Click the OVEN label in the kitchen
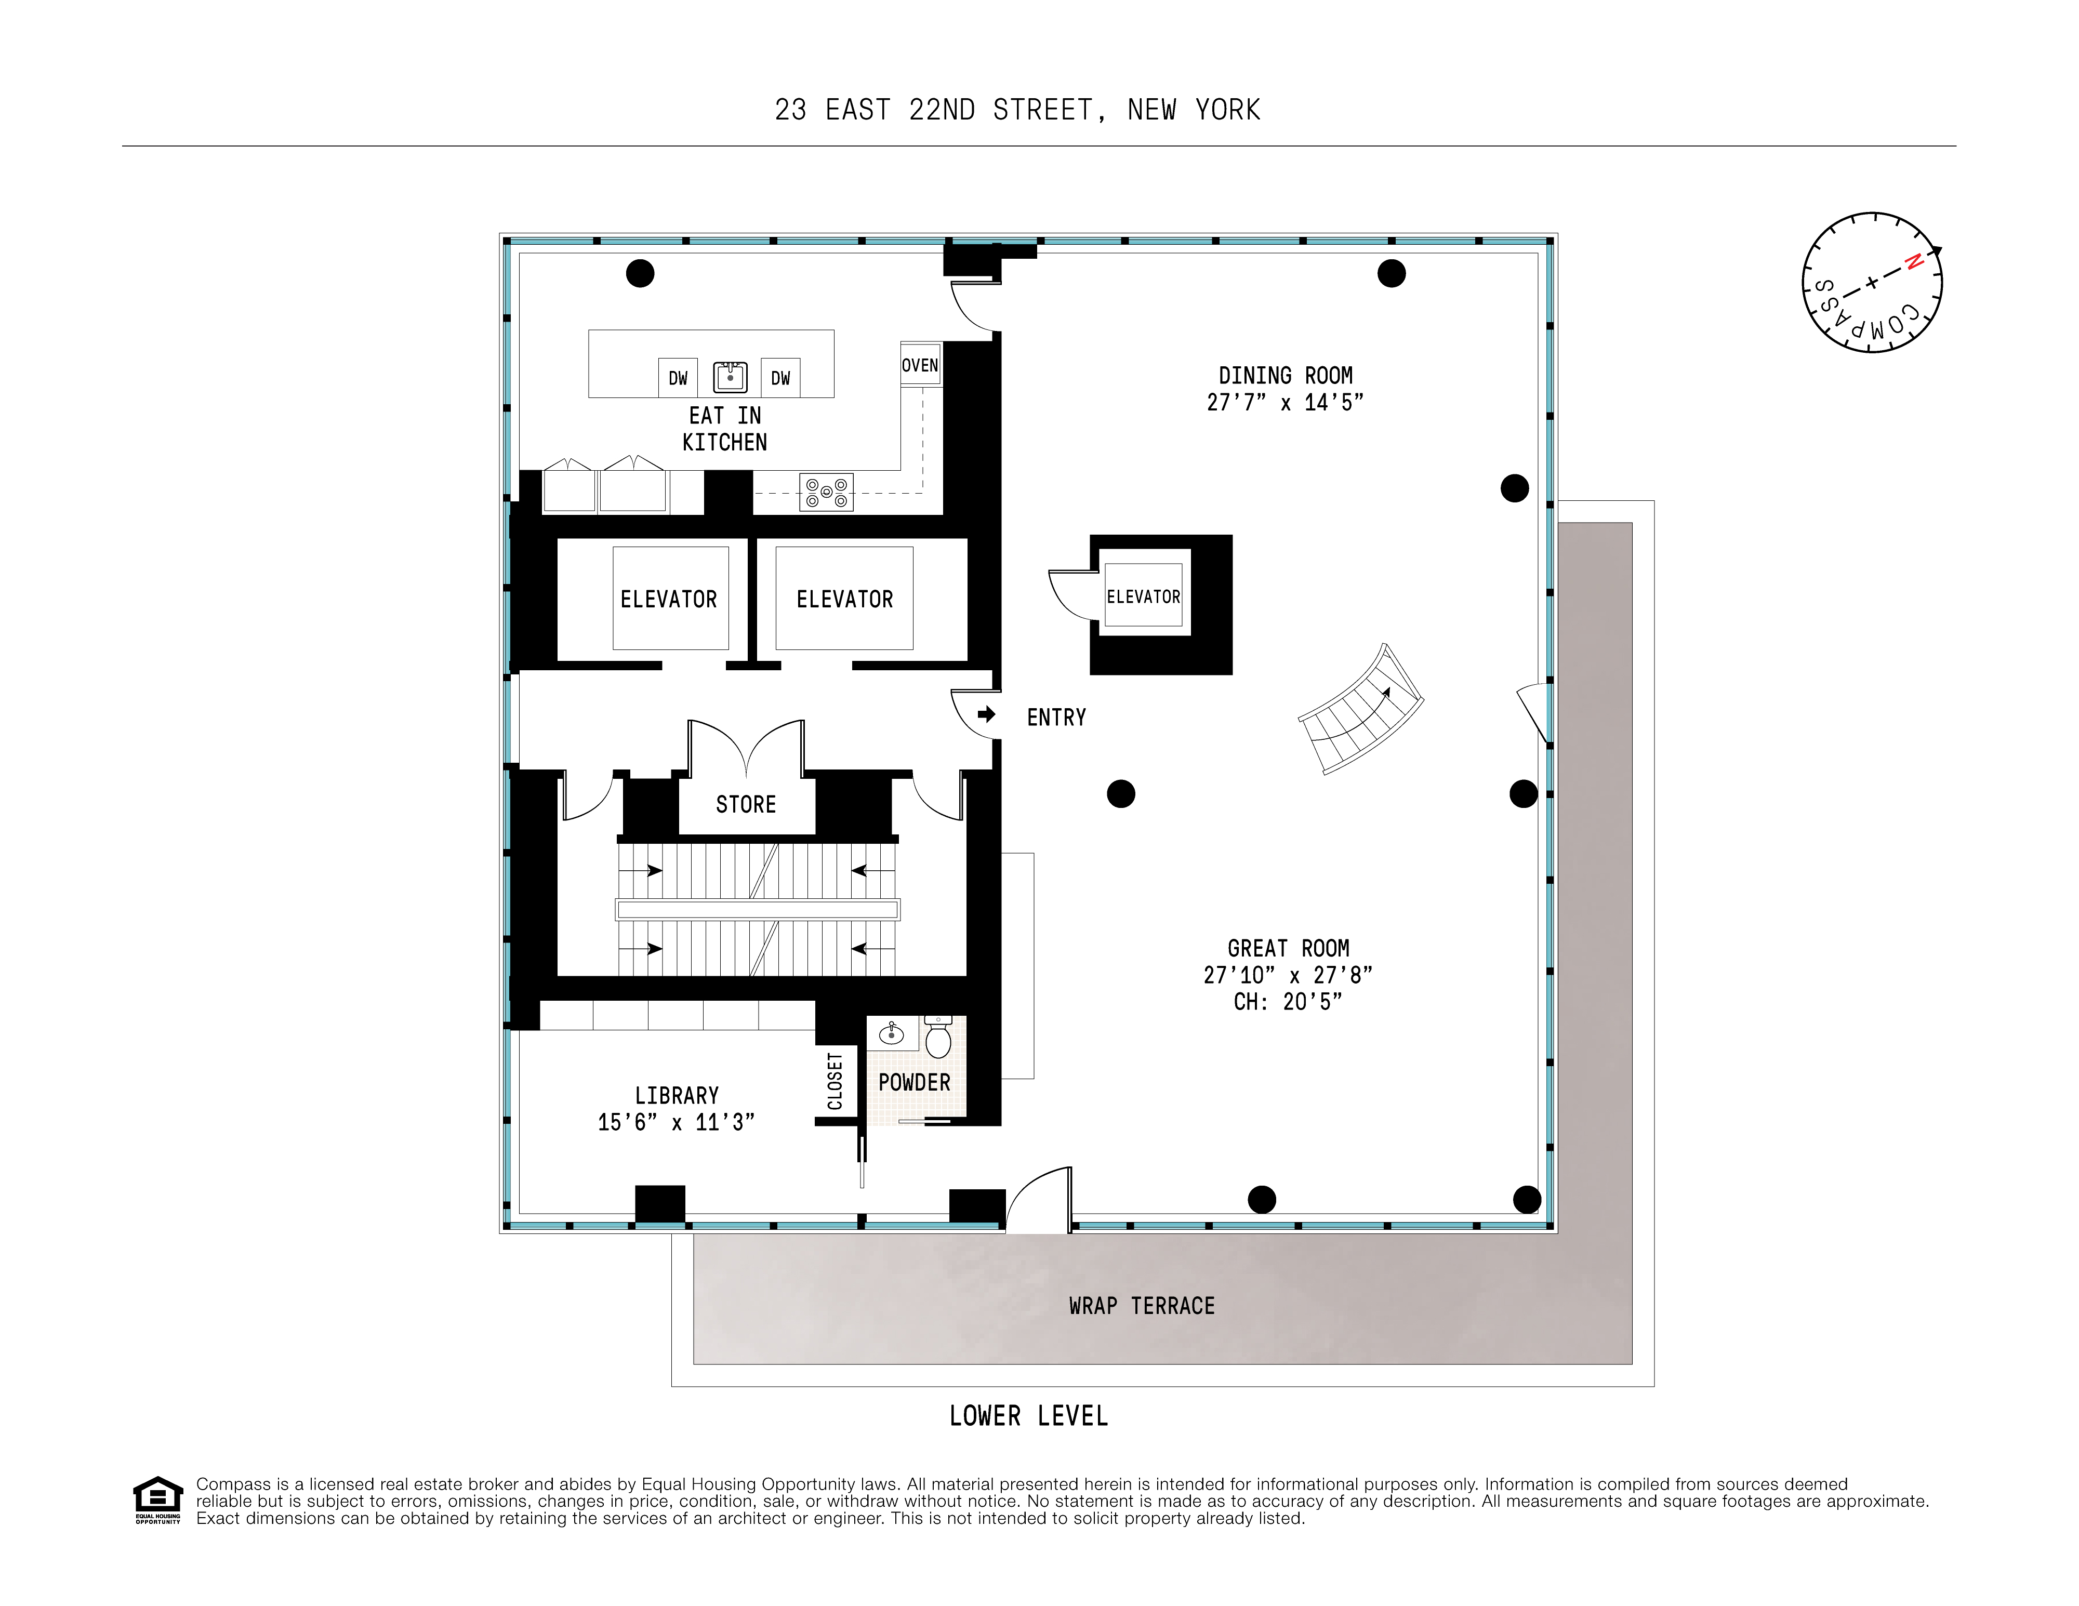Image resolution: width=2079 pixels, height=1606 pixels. click(x=920, y=366)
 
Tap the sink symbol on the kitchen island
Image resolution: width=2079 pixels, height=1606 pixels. click(x=730, y=377)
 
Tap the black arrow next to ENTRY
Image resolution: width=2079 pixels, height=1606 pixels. click(x=986, y=714)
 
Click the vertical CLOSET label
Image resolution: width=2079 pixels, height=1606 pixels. click(x=836, y=1081)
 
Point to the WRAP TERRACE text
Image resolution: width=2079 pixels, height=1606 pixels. click(x=1142, y=1306)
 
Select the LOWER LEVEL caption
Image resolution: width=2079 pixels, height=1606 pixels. click(x=1028, y=1416)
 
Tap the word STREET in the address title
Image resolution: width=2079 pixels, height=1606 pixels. click(x=1042, y=111)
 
